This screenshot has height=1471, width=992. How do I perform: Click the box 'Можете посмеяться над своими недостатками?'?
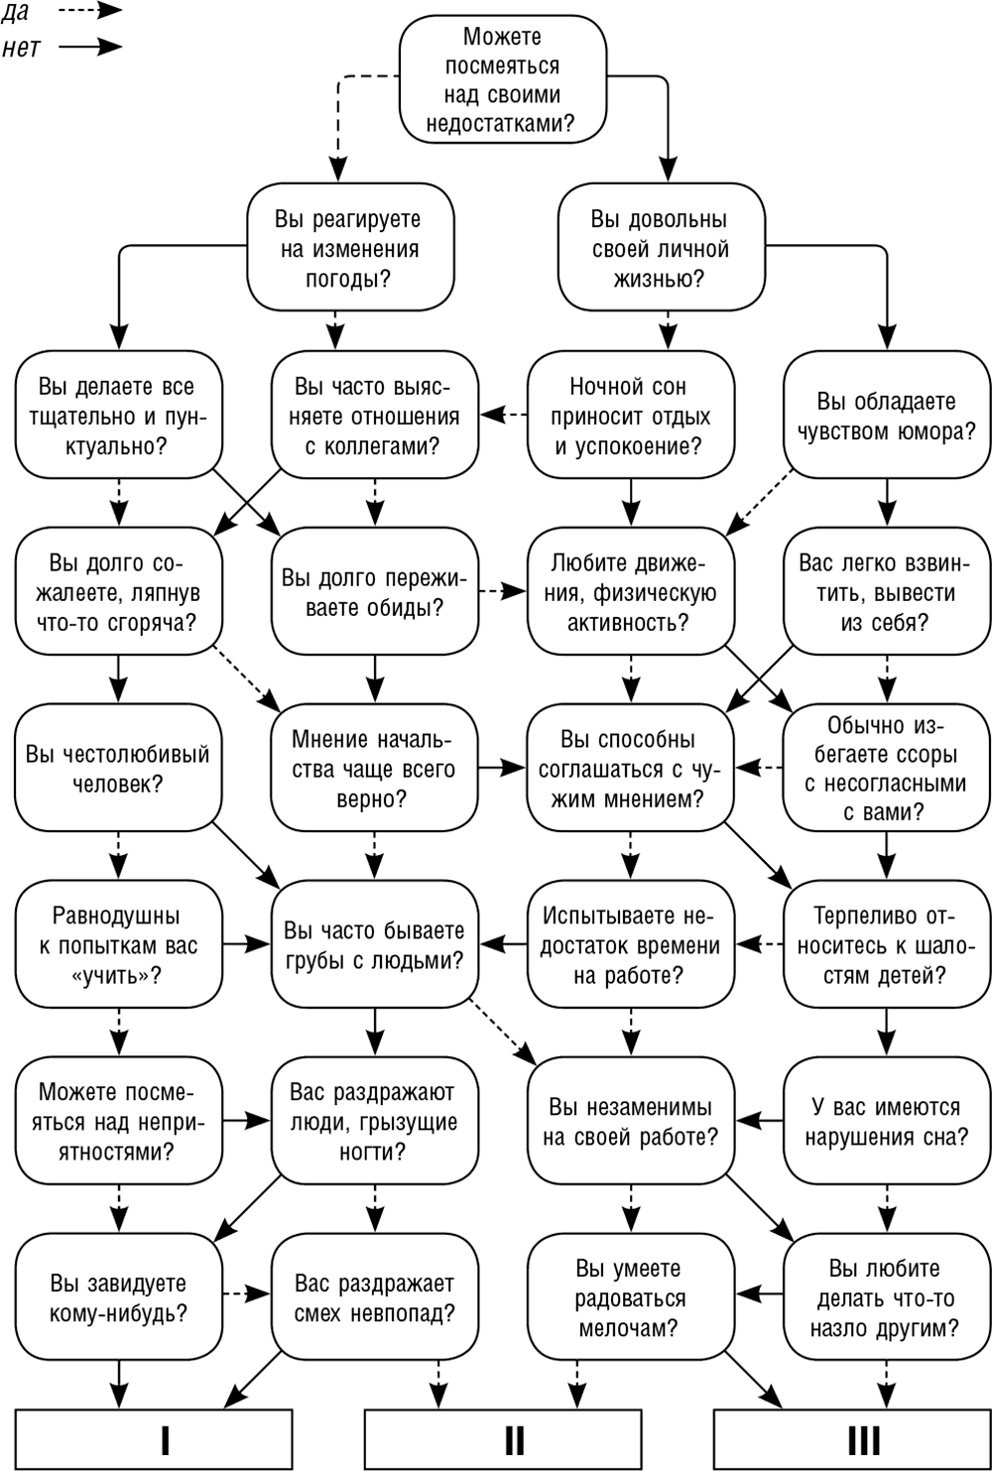pyautogui.click(x=503, y=79)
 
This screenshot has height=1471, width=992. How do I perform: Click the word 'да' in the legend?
pyautogui.click(x=15, y=13)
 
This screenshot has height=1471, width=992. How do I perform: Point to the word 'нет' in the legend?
pyautogui.click(x=21, y=48)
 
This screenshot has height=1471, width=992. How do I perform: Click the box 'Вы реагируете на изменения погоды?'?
pyautogui.click(x=350, y=247)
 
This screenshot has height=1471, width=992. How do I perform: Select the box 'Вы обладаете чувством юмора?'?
pyautogui.click(x=887, y=415)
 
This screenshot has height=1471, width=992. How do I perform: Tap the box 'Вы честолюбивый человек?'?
pyautogui.click(x=119, y=767)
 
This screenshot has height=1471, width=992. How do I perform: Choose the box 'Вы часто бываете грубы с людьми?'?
pyautogui.click(x=374, y=943)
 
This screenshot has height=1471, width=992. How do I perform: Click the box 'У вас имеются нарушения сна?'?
pyautogui.click(x=887, y=1120)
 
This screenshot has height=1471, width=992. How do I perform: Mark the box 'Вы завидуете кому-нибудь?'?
pyautogui.click(x=119, y=1297)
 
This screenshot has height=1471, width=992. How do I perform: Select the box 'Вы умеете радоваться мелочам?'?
pyautogui.click(x=631, y=1297)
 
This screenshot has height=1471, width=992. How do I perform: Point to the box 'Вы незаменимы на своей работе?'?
pyautogui.click(x=631, y=1120)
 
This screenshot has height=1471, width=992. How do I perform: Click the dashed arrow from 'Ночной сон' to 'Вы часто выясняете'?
pyautogui.click(x=503, y=415)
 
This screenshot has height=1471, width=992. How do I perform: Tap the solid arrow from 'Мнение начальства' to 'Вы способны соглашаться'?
pyautogui.click(x=503, y=767)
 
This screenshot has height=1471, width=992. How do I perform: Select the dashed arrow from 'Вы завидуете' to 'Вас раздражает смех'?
pyautogui.click(x=246, y=1293)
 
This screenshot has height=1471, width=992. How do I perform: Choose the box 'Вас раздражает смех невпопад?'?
pyautogui.click(x=374, y=1297)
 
